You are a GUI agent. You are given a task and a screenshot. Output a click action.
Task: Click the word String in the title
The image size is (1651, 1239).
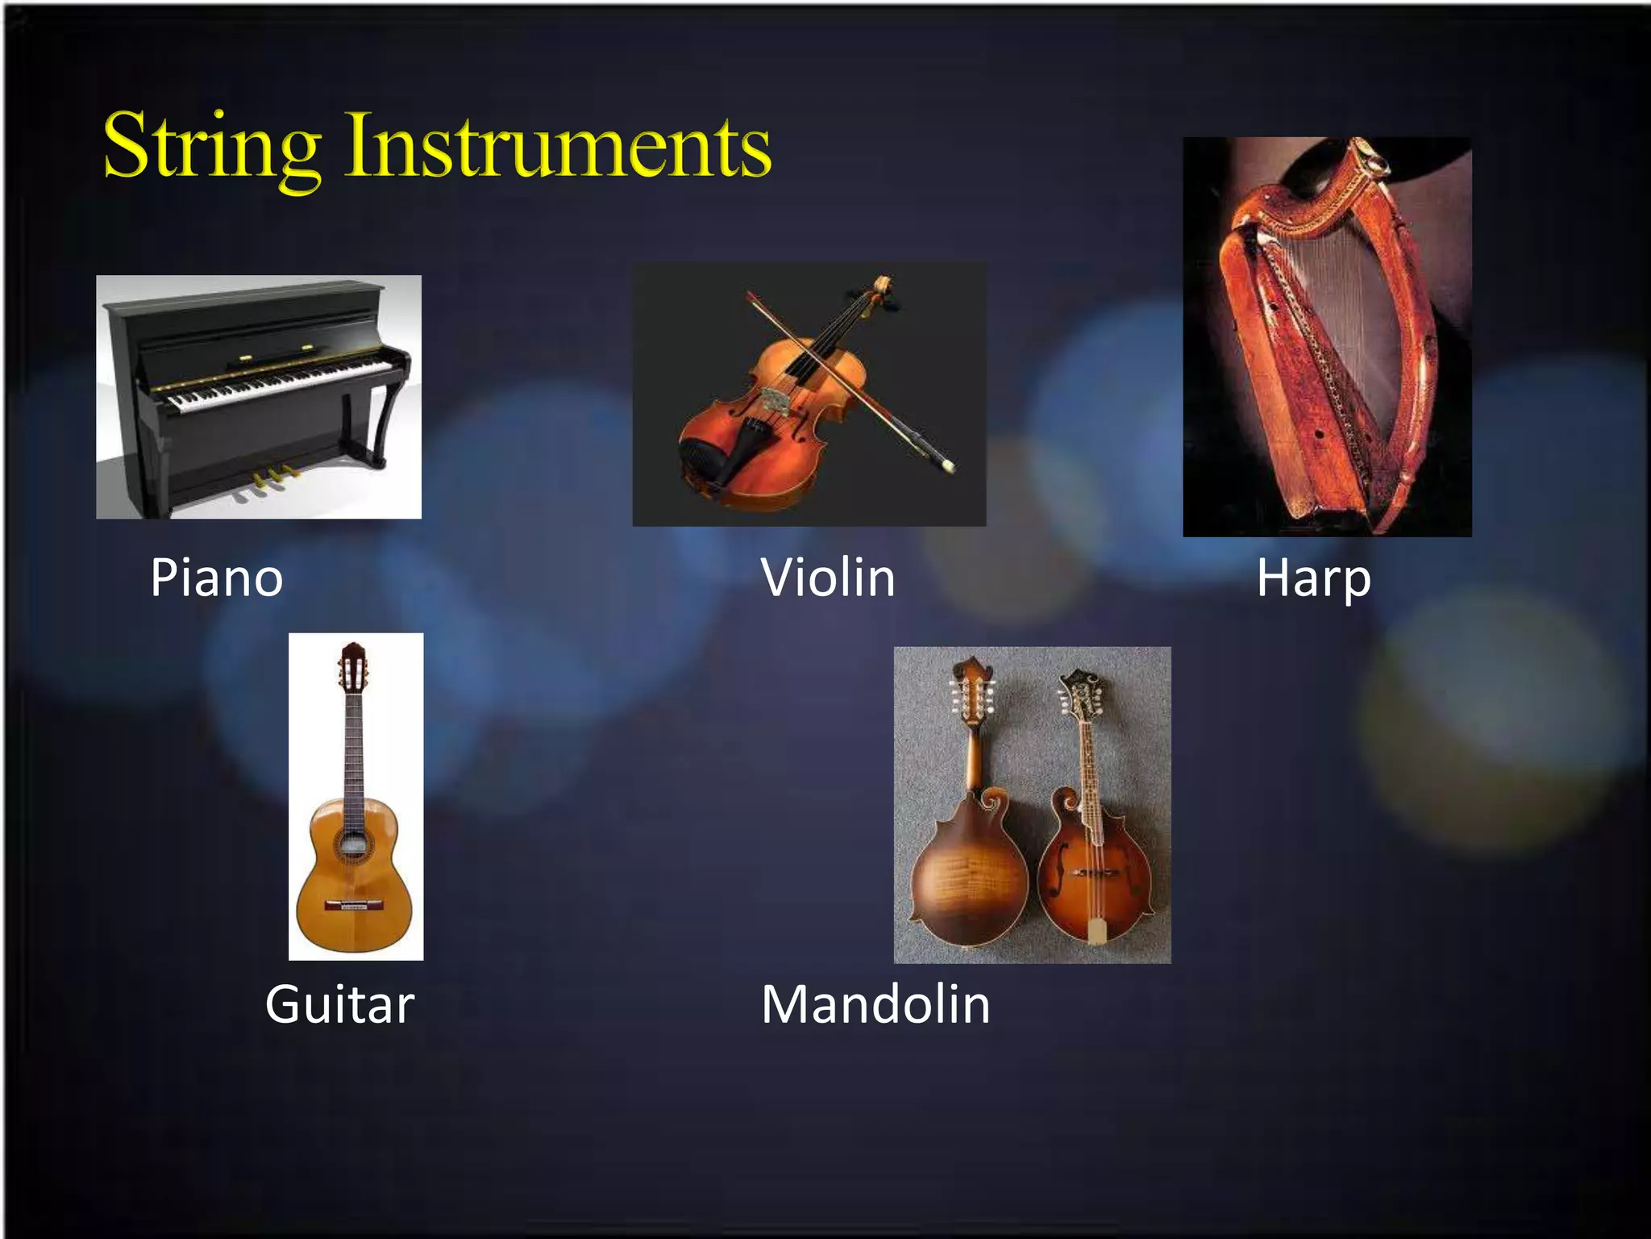pos(212,147)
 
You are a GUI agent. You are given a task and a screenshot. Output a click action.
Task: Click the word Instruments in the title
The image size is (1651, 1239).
pos(558,147)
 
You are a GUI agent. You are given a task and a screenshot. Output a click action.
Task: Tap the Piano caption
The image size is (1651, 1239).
pos(217,578)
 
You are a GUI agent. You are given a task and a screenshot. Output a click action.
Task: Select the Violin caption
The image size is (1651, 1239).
pos(828,578)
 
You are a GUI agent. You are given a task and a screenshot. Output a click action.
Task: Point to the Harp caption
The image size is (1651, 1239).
pos(1313,578)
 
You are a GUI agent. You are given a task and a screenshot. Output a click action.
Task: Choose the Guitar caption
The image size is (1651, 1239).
pos(339,1005)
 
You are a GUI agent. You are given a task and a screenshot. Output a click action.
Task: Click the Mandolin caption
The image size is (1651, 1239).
pos(875,1005)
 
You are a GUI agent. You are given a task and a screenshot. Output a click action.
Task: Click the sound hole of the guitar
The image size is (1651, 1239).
pos(352,845)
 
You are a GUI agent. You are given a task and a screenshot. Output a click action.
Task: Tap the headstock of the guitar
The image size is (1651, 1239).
pos(353,666)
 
